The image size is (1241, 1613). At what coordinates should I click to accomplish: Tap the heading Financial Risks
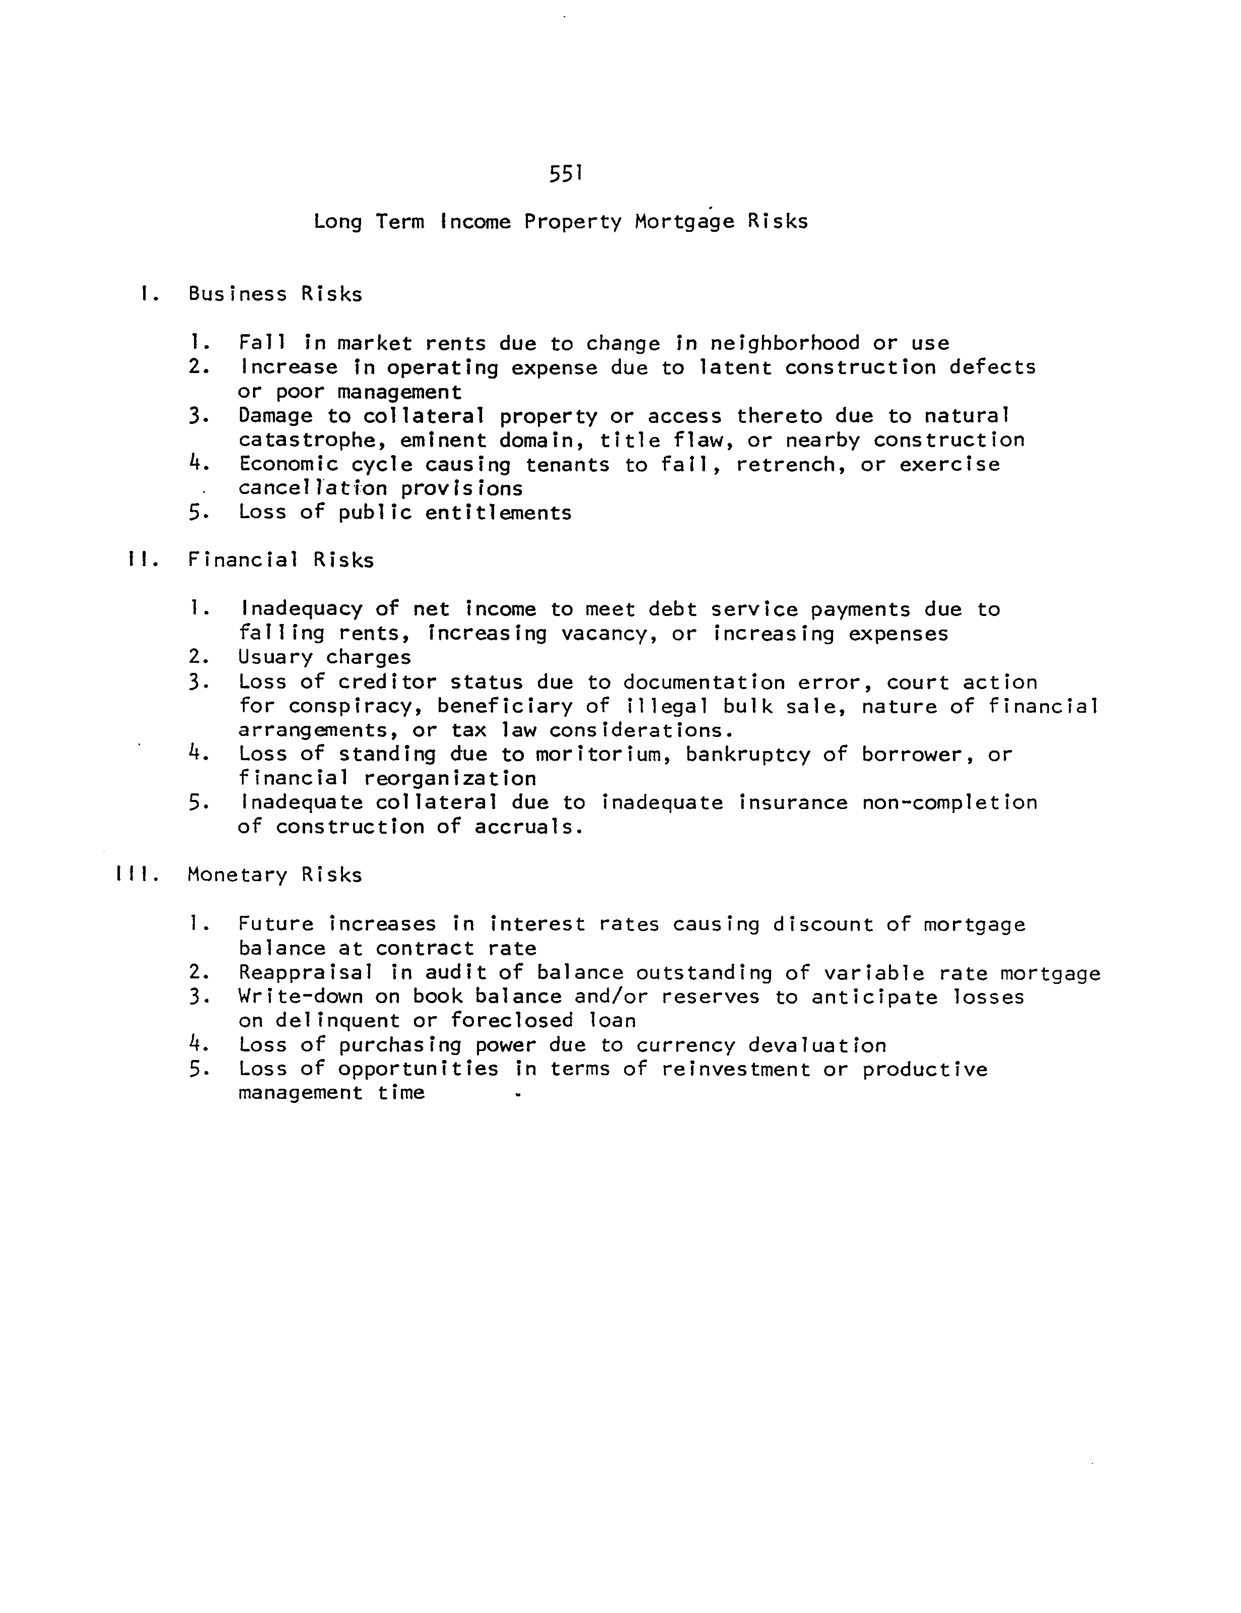click(280, 560)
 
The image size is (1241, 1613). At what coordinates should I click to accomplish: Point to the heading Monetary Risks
click(275, 875)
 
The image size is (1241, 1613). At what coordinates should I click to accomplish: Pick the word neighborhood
click(785, 344)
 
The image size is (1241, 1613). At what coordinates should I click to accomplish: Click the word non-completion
click(949, 803)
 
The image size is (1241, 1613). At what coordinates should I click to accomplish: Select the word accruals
click(529, 827)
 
